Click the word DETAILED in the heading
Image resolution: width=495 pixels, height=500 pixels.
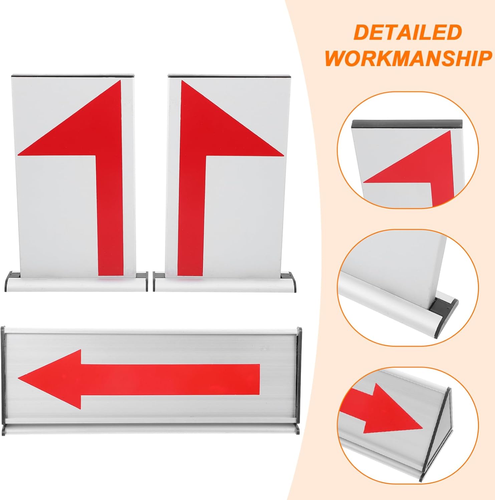(407, 33)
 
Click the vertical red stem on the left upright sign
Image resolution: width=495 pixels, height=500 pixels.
(110, 217)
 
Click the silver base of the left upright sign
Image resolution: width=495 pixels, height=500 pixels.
(77, 285)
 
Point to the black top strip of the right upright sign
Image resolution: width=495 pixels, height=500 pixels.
(229, 76)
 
